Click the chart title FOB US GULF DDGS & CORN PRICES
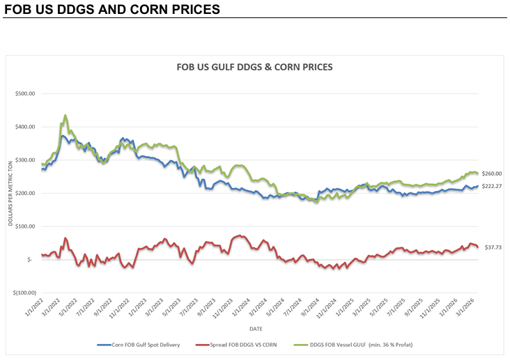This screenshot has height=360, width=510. click(x=254, y=68)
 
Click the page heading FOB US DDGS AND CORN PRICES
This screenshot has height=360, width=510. click(x=112, y=10)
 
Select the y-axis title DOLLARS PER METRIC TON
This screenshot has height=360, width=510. click(x=10, y=193)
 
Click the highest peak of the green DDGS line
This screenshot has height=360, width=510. click(x=65, y=116)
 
